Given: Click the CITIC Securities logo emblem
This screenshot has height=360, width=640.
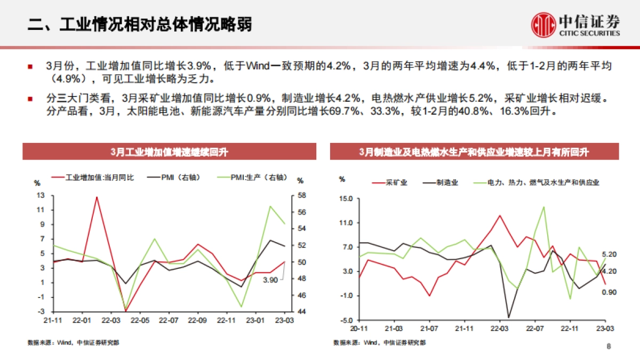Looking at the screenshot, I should pos(543,25).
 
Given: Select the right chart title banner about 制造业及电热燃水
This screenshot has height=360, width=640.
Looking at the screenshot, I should pos(474,153).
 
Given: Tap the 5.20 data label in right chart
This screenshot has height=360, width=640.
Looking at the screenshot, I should pos(609,254).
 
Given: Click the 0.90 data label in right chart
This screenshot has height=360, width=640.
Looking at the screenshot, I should pos(609,292).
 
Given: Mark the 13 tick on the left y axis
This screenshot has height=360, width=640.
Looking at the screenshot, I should pos(41,195).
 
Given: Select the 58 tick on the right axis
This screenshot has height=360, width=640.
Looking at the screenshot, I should pos(301,195).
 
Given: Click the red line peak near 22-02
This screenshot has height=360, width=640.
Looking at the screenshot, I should pos(97,197).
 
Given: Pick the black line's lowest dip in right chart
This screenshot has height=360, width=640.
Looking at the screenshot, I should pos(508,317).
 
